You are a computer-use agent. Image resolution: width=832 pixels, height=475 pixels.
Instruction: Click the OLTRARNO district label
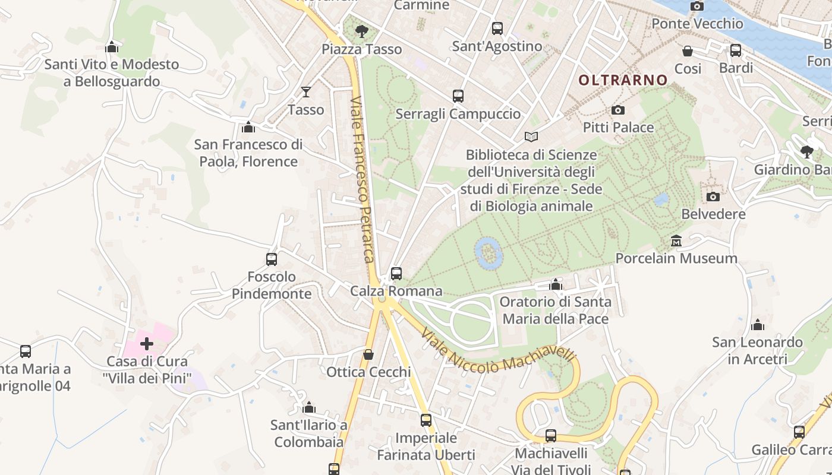[x=623, y=80]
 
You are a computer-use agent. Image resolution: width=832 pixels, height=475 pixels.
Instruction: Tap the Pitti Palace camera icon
[x=618, y=110]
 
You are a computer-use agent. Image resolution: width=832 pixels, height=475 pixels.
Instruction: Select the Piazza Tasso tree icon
[x=361, y=31]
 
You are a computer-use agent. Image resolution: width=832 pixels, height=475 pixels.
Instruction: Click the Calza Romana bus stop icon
[x=396, y=274]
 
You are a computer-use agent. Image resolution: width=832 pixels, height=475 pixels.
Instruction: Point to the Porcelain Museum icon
[x=676, y=241]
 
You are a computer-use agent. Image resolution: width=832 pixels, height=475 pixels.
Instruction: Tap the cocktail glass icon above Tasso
[x=305, y=91]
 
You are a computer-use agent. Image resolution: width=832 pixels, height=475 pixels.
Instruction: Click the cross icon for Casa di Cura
[x=147, y=343]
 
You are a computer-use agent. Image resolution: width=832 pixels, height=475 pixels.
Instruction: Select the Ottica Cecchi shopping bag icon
[x=368, y=354]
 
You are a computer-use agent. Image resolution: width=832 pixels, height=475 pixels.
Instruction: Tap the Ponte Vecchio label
[x=697, y=24]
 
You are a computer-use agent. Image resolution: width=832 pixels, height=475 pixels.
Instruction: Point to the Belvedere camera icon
[x=713, y=197]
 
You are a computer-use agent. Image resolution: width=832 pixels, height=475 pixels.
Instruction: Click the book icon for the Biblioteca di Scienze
[x=531, y=137]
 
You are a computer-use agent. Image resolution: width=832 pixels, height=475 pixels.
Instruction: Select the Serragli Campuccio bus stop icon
[x=458, y=96]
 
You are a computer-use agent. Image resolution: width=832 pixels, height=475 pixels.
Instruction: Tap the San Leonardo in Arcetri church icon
[x=758, y=325]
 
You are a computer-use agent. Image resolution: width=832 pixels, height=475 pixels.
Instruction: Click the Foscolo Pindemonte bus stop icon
[x=272, y=259]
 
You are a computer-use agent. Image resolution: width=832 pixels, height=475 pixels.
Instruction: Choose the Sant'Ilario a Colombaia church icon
[x=308, y=407]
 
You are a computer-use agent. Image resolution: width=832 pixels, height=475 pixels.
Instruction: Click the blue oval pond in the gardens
[x=489, y=254]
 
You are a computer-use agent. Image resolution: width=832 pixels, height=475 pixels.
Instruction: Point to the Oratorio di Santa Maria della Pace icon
[x=556, y=284]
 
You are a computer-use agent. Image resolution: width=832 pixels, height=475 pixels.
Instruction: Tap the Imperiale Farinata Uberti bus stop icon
[x=426, y=420]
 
